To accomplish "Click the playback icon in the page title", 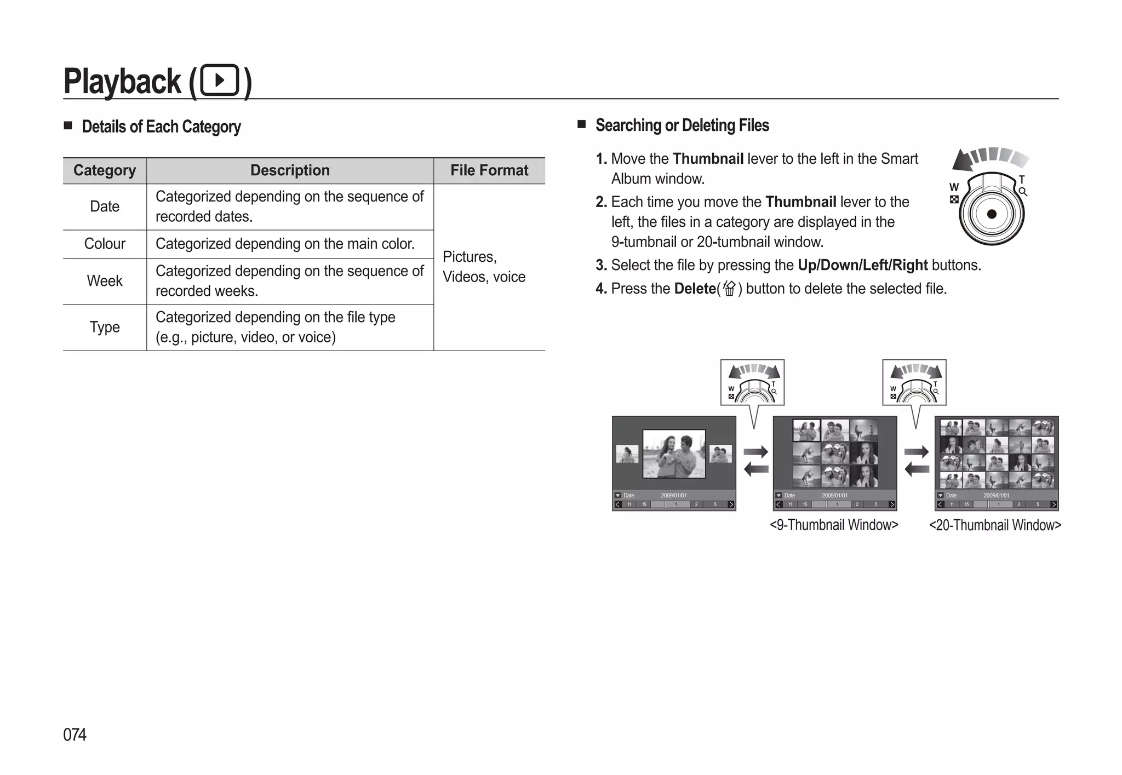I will tap(220, 81).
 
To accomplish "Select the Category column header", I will tap(105, 170).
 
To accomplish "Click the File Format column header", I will tap(489, 170).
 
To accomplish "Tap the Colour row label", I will tap(105, 244).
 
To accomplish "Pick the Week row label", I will tap(105, 281).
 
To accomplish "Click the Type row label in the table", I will tap(105, 327).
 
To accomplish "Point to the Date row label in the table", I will tap(105, 206).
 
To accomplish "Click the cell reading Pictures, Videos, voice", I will tap(484, 267).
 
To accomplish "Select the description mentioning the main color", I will tap(285, 244).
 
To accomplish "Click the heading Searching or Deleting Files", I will tap(682, 125).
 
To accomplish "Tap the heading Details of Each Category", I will tap(161, 127).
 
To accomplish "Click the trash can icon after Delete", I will tap(729, 288).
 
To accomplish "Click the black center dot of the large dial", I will tap(992, 214).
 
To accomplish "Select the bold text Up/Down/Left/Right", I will tap(862, 265).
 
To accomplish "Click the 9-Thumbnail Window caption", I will tap(834, 525).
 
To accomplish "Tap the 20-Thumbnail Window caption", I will tap(995, 525).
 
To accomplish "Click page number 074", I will tap(75, 734).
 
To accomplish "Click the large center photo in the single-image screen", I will tap(674, 453).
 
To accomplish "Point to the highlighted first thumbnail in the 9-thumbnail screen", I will tap(806, 430).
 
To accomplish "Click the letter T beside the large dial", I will tap(1021, 180).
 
